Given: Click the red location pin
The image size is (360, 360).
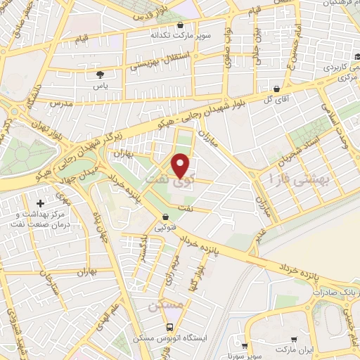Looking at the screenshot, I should point(182,165).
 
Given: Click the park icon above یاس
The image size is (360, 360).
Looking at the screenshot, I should point(99,72).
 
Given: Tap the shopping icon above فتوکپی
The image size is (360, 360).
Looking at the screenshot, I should point(165,217).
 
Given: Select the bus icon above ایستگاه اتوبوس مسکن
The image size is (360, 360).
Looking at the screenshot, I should point(169,327).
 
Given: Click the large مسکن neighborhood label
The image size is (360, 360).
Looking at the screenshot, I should point(166,306).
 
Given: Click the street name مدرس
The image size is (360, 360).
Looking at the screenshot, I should point(61,103).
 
